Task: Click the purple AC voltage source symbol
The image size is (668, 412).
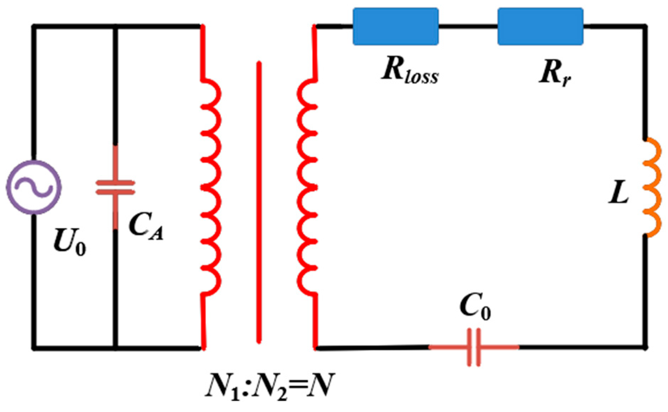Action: point(34,187)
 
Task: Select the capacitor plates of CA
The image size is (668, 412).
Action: point(115,188)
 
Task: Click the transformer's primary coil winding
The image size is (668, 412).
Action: point(211,187)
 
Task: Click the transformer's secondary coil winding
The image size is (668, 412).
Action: point(307,187)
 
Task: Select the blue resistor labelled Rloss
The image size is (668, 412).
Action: point(395,26)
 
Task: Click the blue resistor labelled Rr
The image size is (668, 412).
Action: point(540,26)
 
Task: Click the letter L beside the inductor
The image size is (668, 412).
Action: point(619,194)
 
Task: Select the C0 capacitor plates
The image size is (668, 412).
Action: point(474,347)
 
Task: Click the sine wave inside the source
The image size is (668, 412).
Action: point(34,187)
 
